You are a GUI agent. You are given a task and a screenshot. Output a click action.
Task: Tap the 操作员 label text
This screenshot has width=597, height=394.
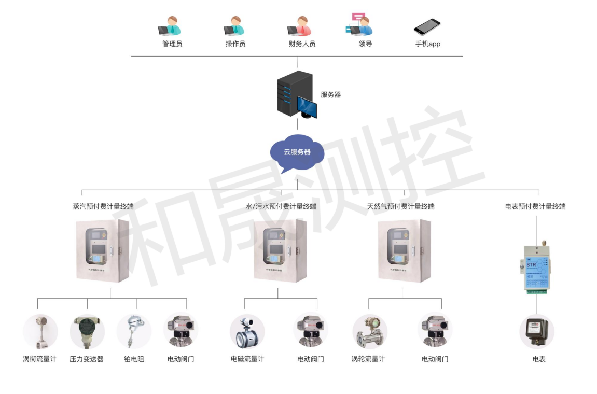235,44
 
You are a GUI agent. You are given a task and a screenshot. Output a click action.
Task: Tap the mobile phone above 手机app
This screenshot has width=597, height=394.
427,26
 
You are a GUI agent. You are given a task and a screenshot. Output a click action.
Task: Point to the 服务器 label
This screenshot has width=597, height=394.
330,95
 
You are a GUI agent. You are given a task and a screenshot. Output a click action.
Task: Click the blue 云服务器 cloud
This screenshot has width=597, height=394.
297,152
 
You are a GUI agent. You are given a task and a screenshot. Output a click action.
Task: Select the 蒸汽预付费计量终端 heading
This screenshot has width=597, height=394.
103,206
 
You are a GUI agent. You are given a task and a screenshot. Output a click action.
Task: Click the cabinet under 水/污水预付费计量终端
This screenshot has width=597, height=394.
280,251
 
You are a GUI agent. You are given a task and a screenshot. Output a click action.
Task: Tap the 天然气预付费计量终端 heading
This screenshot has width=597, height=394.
400,206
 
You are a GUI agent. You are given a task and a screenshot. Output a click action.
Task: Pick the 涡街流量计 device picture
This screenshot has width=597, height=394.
40,332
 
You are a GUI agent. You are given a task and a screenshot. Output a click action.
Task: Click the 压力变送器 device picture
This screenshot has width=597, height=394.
87,332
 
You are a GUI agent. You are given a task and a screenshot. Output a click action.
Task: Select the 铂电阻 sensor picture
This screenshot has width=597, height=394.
134,332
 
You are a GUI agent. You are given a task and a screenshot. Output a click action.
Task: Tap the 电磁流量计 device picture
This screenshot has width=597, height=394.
247,332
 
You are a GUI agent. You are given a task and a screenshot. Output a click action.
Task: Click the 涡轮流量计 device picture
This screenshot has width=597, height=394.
369,332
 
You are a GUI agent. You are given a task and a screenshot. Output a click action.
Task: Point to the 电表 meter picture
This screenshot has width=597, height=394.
537,332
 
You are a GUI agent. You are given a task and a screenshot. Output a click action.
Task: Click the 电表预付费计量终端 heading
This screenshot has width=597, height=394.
535,206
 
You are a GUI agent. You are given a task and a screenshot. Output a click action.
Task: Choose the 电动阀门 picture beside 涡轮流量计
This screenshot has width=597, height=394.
435,332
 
